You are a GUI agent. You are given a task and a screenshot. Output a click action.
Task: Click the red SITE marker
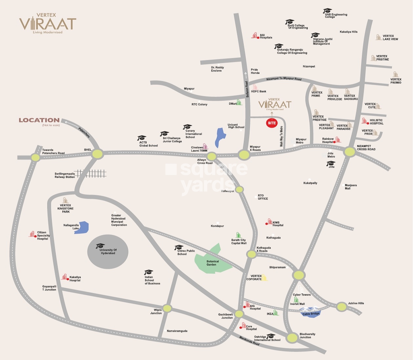[x=272, y=123]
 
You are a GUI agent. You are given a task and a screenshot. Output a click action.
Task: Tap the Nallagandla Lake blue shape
[x=82, y=228]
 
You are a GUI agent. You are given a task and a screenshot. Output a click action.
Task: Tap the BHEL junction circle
[x=97, y=154]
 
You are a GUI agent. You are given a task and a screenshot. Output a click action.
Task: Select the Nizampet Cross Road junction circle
[x=350, y=152]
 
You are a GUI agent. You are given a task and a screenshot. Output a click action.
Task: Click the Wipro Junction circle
[x=167, y=308]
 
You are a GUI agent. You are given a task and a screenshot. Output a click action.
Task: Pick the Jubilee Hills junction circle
[x=342, y=307]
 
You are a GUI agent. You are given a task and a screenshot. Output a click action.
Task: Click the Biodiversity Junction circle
[x=292, y=337]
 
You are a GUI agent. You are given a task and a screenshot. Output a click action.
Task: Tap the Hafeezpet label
[x=228, y=191]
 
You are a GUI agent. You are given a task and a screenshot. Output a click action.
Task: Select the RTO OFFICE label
[x=262, y=197]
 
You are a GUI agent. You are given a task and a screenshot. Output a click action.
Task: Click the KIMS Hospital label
[x=278, y=224]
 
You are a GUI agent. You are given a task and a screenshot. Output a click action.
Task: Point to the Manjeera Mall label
[x=351, y=187]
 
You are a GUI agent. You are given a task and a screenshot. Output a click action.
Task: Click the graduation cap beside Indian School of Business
[x=149, y=272]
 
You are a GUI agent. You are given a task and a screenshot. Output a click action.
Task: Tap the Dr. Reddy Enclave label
[x=217, y=69]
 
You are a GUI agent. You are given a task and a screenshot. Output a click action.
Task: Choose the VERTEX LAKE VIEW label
[x=390, y=37]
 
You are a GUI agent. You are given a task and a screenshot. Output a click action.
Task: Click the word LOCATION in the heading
[x=39, y=120]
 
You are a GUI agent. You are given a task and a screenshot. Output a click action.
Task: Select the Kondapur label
[x=217, y=226]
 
